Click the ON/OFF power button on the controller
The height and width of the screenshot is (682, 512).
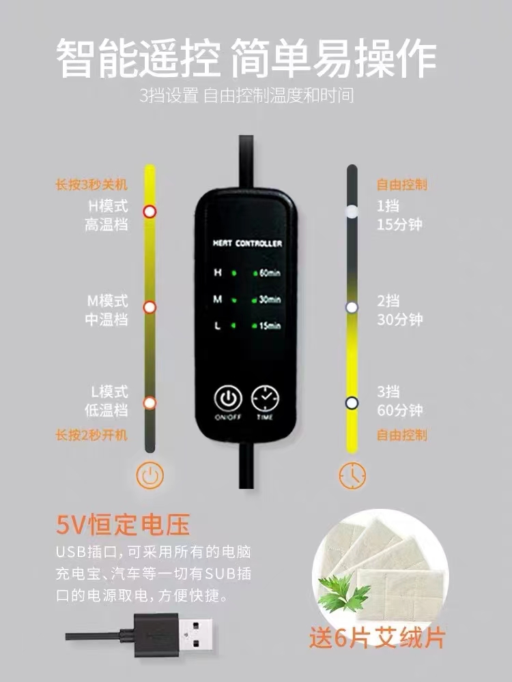228,398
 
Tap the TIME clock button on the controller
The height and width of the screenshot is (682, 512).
265,398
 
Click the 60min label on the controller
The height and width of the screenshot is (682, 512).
270,273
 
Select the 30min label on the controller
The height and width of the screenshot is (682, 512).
270,299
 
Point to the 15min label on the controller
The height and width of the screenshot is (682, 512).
270,326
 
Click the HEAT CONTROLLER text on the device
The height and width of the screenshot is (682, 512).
247,243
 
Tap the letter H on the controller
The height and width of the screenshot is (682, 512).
218,273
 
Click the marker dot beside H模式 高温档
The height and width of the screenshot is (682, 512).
150,212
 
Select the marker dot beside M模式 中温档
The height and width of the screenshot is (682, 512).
150,308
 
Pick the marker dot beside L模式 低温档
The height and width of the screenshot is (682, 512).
150,403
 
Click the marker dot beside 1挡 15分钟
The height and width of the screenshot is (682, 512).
352,212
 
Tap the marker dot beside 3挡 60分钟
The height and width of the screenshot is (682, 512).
352,403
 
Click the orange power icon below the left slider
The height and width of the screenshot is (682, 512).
150,475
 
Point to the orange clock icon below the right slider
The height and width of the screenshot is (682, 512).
352,475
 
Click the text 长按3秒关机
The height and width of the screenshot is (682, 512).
91,184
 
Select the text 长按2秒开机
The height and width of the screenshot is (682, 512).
91,434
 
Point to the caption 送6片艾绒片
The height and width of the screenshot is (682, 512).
377,638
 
